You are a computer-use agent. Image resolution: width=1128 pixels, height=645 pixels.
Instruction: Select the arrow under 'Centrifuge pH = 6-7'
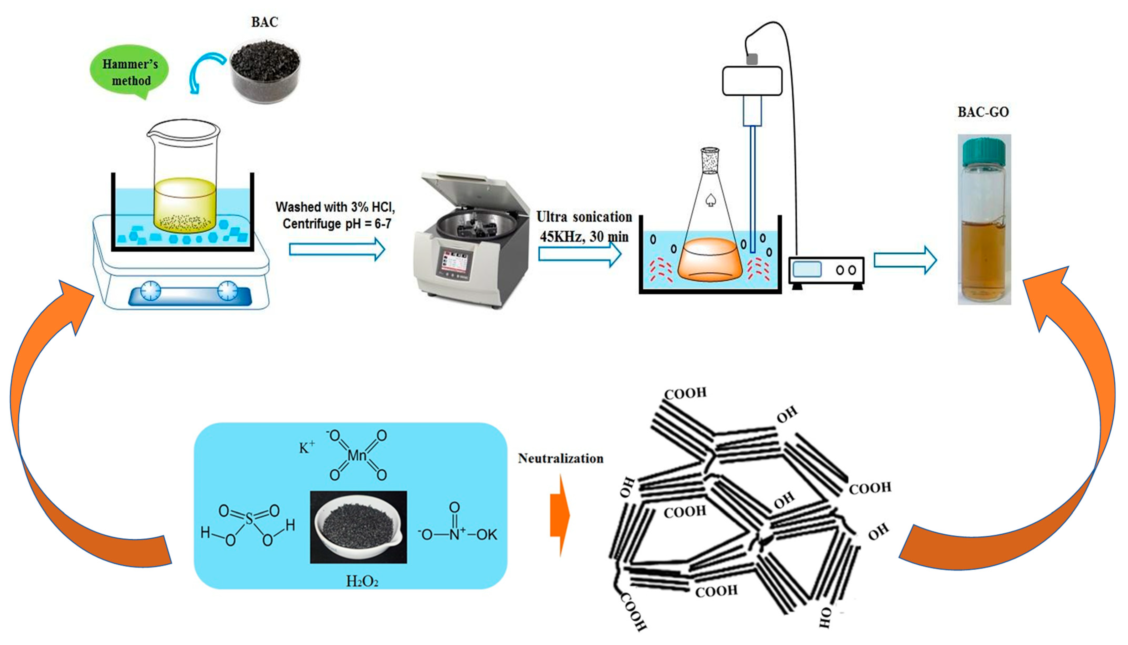coord(337,249)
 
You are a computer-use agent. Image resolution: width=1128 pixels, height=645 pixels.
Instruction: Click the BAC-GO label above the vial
coord(983,112)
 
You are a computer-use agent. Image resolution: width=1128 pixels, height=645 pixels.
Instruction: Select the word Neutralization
coord(561,459)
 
